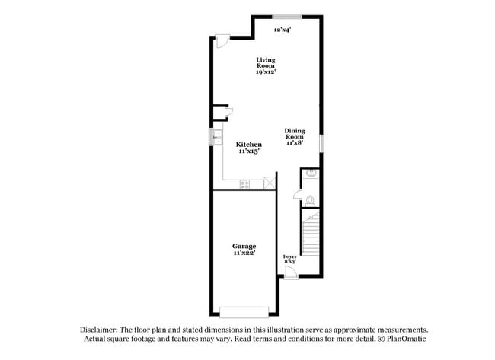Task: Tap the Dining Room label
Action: [295, 133]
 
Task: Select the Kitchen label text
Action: [248, 145]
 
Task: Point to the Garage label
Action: [244, 246]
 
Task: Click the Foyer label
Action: [290, 256]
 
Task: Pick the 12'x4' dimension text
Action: [283, 30]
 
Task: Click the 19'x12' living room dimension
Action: [265, 72]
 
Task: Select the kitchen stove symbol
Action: [245, 184]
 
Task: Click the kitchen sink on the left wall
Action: [216, 138]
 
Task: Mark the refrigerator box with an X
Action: [269, 183]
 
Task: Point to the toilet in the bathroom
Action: [308, 200]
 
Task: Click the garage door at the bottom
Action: [244, 311]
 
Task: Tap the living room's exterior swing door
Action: [220, 41]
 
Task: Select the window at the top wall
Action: [286, 16]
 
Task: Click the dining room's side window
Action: [321, 142]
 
